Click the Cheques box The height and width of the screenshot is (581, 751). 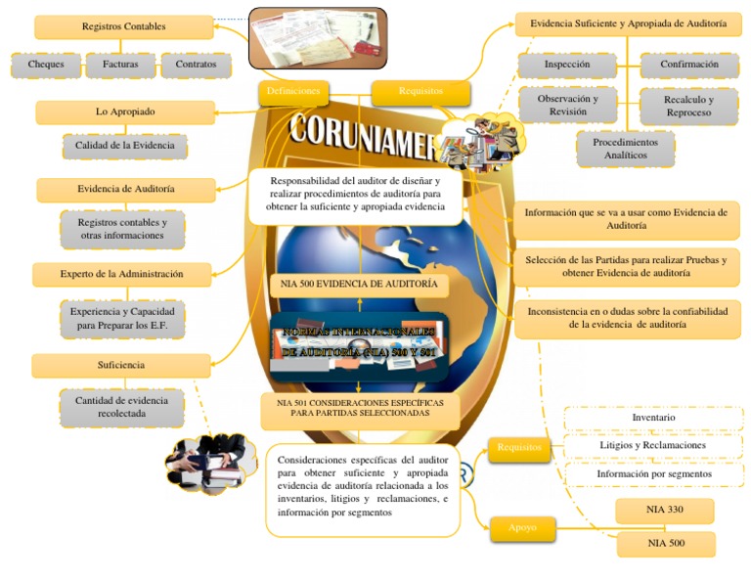coord(46,65)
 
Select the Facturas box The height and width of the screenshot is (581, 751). coord(120,65)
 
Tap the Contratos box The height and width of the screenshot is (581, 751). coord(196,65)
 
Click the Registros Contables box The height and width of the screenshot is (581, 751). coord(124,26)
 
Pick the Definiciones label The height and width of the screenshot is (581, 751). coord(293,91)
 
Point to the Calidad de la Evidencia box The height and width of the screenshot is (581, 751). coord(124,146)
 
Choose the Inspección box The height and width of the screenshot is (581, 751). coord(567,65)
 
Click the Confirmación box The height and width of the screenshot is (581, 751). coord(688,65)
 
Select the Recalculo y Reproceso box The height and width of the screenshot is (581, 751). coord(688,107)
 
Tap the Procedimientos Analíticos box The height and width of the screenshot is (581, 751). coord(625,149)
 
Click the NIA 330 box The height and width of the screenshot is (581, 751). coord(665,511)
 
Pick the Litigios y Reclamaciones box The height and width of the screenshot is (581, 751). coord(652,445)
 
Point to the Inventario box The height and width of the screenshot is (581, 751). coord(653,418)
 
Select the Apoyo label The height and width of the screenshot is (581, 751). coord(523,528)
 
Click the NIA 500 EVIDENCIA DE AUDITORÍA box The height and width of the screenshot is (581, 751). coord(359,285)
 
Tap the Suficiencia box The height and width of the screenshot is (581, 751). coord(121,365)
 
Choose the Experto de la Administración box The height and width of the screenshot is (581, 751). coord(121,274)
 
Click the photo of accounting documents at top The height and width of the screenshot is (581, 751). coord(318,38)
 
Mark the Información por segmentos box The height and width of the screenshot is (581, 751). coord(654,473)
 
